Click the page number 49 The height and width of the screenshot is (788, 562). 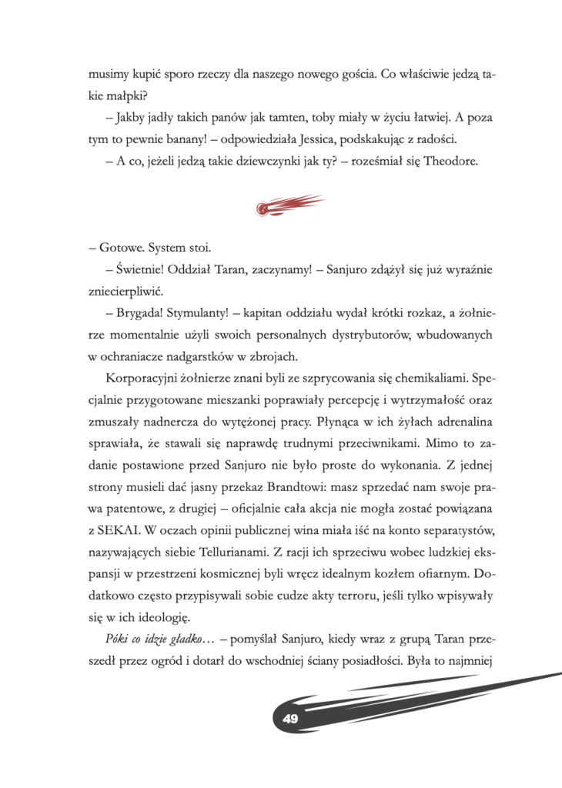[x=290, y=719]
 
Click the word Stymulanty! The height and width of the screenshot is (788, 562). [x=201, y=314]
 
